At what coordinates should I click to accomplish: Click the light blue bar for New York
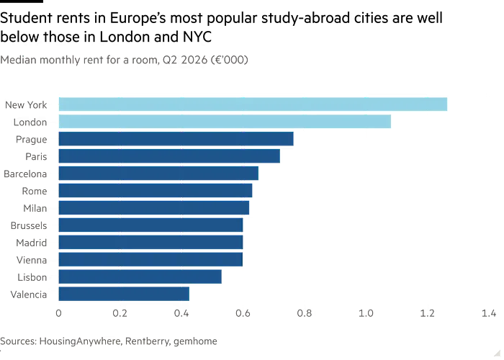253,104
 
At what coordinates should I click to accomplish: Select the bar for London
225,122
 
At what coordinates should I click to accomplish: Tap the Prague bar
176,139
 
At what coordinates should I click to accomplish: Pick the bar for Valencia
124,294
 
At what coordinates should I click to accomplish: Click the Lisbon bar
140,276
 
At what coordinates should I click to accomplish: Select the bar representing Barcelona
158,174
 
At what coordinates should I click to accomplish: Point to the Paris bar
169,156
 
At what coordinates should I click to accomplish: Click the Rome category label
35,191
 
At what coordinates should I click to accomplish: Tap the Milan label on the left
35,208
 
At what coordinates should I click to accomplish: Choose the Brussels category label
29,225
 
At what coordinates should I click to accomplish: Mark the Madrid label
32,243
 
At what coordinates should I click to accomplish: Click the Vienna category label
32,260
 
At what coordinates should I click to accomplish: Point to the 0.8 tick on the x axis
304,313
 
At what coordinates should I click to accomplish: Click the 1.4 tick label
489,313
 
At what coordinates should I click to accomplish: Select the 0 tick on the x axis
58,313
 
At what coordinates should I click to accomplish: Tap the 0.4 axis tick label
181,313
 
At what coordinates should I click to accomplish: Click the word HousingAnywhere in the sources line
81,341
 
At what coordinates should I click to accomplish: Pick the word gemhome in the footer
195,341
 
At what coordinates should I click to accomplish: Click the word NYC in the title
197,37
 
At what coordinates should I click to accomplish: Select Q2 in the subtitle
171,60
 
